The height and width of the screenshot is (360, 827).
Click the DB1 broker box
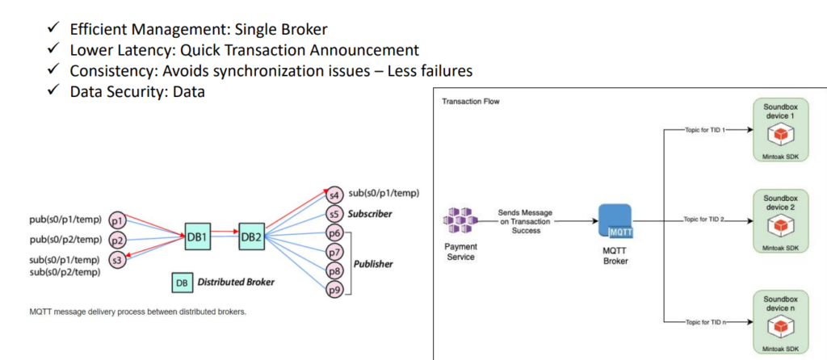[x=198, y=236]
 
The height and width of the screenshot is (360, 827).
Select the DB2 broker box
[x=251, y=236]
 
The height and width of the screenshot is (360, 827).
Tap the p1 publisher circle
[x=116, y=220]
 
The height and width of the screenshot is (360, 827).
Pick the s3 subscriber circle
[x=116, y=260]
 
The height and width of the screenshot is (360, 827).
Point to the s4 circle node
[x=334, y=195]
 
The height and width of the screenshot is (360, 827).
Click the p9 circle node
[x=334, y=288]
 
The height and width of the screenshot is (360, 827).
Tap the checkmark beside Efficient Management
[x=52, y=29]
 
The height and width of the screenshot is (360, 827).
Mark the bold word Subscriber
[x=371, y=214]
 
